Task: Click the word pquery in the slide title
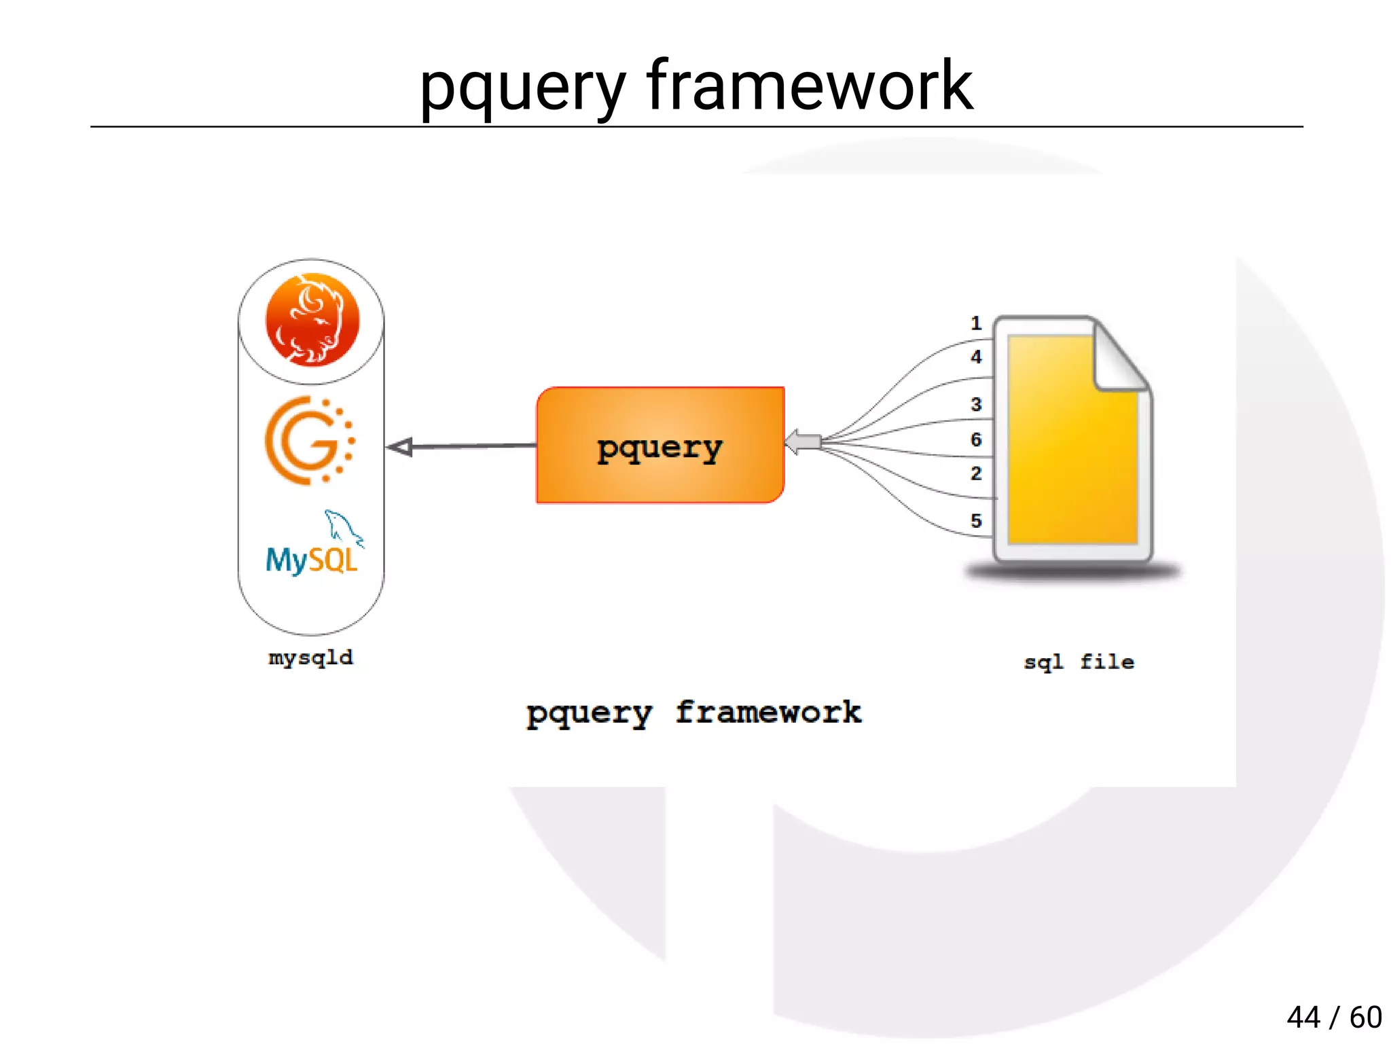pyautogui.click(x=522, y=88)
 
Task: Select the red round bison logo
pyautogui.click(x=312, y=319)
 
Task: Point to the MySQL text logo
pyautogui.click(x=311, y=560)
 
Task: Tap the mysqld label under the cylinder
pyautogui.click(x=311, y=658)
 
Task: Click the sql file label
pyautogui.click(x=1079, y=662)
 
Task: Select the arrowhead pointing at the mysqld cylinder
pyautogui.click(x=401, y=447)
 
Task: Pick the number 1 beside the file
pyautogui.click(x=976, y=323)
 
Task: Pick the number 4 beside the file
pyautogui.click(x=976, y=357)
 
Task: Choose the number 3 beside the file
pyautogui.click(x=976, y=404)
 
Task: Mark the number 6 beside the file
pyautogui.click(x=976, y=439)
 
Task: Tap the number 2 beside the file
pyautogui.click(x=976, y=473)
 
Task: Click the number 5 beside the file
pyautogui.click(x=976, y=521)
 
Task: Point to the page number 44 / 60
pyautogui.click(x=1334, y=1018)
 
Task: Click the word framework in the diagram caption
pyautogui.click(x=767, y=713)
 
